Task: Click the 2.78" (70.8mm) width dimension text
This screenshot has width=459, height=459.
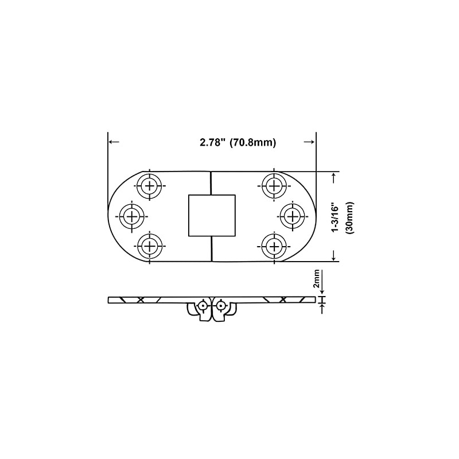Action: tap(238, 143)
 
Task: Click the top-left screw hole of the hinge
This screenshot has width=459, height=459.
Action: tap(150, 186)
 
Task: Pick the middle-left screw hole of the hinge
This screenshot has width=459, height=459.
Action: tap(132, 216)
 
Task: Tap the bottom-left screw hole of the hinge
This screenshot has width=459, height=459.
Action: tap(150, 246)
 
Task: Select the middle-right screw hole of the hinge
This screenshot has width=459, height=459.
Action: tap(291, 216)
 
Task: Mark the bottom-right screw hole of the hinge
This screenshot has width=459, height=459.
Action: tap(273, 246)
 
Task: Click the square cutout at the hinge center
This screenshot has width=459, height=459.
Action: tap(212, 215)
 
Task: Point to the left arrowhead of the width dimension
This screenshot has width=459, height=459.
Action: tap(112, 142)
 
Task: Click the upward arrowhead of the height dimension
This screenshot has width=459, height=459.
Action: tap(334, 176)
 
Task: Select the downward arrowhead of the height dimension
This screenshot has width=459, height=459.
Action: tap(334, 256)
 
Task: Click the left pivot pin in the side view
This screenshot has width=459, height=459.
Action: tap(203, 306)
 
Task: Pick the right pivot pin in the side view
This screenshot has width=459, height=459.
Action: tap(220, 306)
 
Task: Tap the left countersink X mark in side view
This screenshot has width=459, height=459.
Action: tap(140, 299)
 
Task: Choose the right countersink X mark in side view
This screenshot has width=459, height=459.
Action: tap(282, 299)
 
